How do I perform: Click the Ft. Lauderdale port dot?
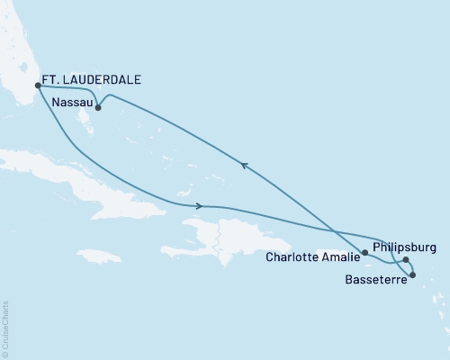(38, 86)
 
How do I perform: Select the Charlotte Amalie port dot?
(364, 254)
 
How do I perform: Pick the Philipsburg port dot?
(406, 261)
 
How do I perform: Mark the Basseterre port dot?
(412, 274)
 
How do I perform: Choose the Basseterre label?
(374, 280)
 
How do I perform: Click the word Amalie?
(338, 256)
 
